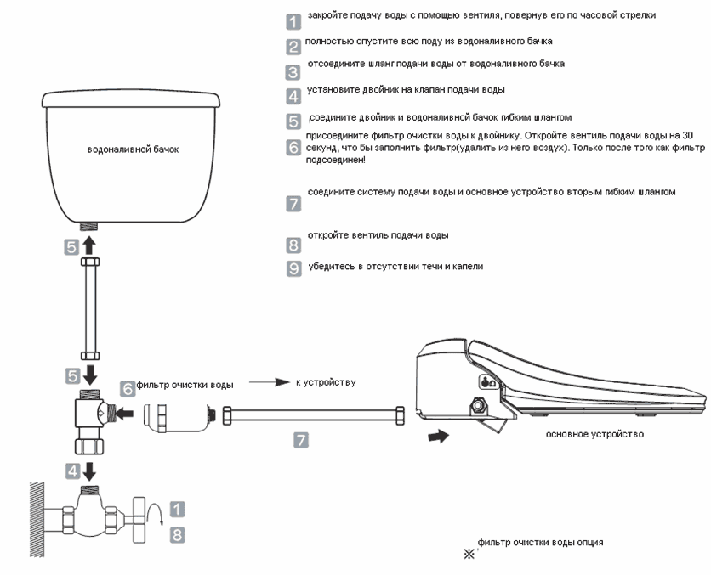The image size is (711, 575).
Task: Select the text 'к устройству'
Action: [x=326, y=383]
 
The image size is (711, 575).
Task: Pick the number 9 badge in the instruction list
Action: [x=293, y=268]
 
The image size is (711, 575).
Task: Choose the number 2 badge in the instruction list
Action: [x=293, y=47]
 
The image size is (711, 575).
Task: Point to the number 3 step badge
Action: [x=293, y=72]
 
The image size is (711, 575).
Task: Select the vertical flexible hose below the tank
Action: [x=89, y=309]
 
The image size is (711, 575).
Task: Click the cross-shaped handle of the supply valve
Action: [x=139, y=519]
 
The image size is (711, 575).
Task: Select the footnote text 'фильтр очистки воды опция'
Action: [x=541, y=543]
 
